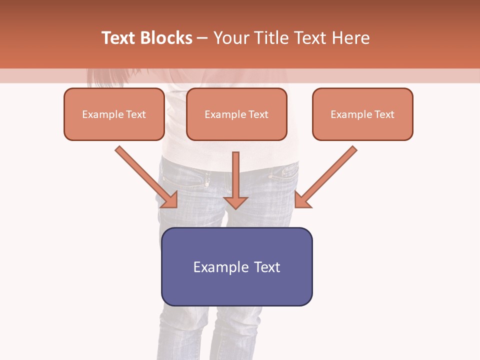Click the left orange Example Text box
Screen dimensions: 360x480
114,114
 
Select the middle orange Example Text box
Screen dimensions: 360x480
236,114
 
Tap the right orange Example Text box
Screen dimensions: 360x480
362,114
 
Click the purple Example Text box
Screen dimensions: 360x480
236,266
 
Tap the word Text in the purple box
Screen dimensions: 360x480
267,267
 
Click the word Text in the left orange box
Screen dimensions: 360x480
135,114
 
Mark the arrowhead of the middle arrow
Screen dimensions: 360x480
235,202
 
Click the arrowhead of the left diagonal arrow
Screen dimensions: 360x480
170,200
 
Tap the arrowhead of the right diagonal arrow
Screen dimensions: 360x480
302,200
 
